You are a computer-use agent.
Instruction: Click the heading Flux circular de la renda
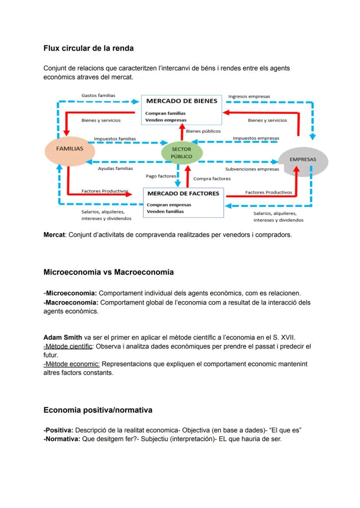tap(88, 48)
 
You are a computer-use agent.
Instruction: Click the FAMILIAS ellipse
tap(70, 149)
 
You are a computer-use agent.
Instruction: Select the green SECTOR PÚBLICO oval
tap(181, 153)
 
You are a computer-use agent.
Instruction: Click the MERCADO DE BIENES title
tap(181, 101)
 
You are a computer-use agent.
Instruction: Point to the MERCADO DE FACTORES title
tap(183, 193)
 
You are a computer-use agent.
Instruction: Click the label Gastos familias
tap(98, 95)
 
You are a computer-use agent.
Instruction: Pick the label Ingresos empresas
tap(249, 96)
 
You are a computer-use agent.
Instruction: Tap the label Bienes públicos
tap(203, 131)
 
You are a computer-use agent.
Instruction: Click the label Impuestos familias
tap(115, 139)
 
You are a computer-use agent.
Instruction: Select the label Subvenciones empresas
tap(252, 169)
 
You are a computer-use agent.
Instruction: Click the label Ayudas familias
tap(115, 168)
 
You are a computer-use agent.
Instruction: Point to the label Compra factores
tap(212, 179)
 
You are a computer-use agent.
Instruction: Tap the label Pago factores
tap(161, 176)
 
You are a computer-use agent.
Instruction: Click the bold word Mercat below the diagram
tap(53, 235)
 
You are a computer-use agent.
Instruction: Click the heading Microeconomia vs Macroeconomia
tap(108, 272)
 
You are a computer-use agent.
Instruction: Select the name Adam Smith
tap(63, 338)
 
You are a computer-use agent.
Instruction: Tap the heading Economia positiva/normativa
tap(98, 410)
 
